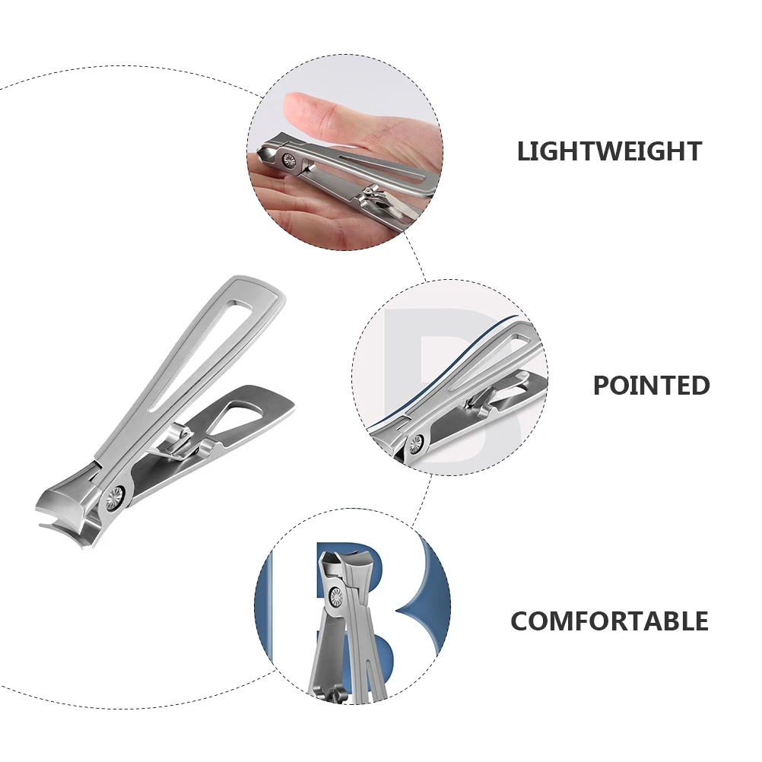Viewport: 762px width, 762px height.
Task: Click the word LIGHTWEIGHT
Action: (x=609, y=151)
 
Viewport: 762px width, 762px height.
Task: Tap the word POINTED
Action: (x=651, y=385)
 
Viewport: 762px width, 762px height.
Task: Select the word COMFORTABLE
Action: (x=609, y=621)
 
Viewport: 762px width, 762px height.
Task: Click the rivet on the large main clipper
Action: (x=116, y=499)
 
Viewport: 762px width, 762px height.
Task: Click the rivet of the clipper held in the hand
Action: (x=289, y=160)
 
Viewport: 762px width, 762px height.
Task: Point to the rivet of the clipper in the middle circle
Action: (x=415, y=443)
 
